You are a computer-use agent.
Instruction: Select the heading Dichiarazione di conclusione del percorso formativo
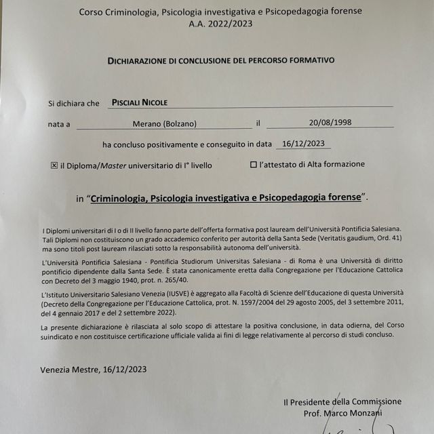[x=220, y=60]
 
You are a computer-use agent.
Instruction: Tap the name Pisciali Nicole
[x=138, y=102]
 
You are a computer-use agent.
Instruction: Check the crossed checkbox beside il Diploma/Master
[x=55, y=165]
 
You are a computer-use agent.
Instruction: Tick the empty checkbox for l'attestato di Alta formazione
[x=254, y=164]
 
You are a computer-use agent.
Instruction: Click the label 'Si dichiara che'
[x=73, y=103]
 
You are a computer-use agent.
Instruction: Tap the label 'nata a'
[x=58, y=125]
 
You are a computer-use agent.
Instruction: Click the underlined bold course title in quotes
[x=226, y=197]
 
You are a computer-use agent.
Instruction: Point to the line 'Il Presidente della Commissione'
[x=342, y=401]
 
